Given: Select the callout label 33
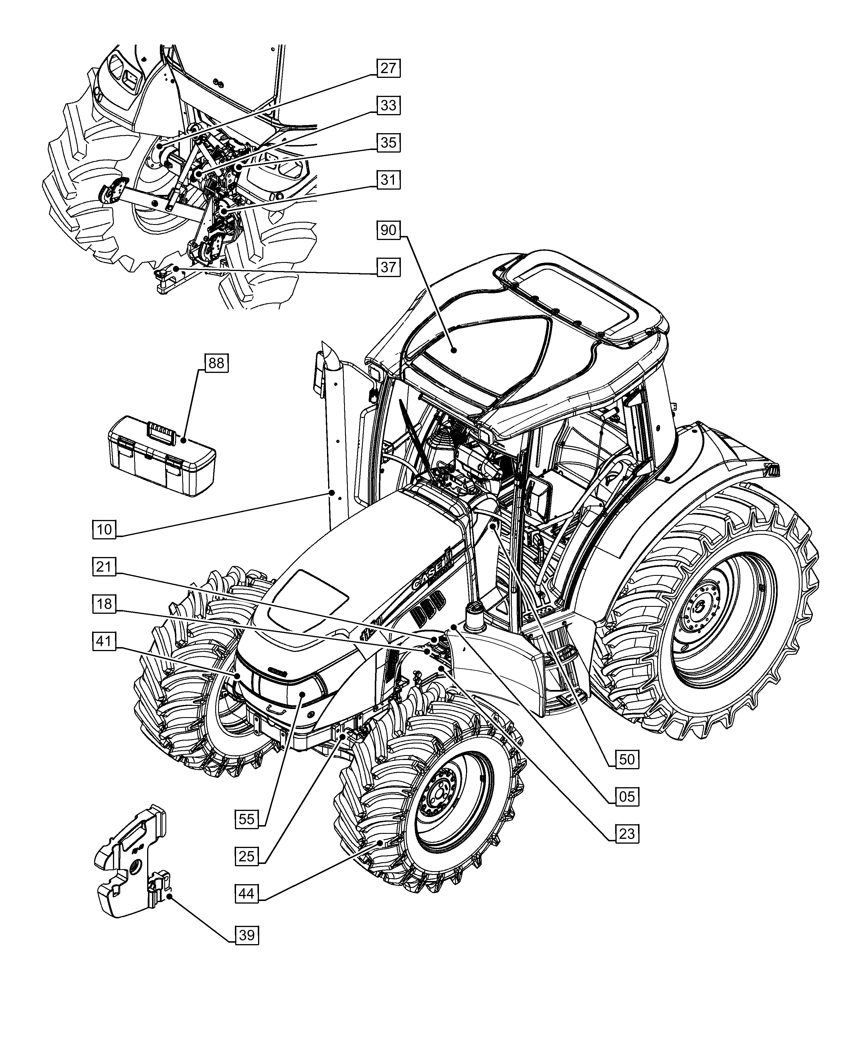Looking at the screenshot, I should pyautogui.click(x=388, y=105).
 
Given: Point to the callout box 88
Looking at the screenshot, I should pyautogui.click(x=216, y=363).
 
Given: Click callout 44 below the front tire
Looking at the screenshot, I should pyautogui.click(x=246, y=894).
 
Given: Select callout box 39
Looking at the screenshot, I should pyautogui.click(x=246, y=935).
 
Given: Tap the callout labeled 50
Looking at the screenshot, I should pyautogui.click(x=627, y=759).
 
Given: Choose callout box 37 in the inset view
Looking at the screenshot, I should pyautogui.click(x=388, y=267).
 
